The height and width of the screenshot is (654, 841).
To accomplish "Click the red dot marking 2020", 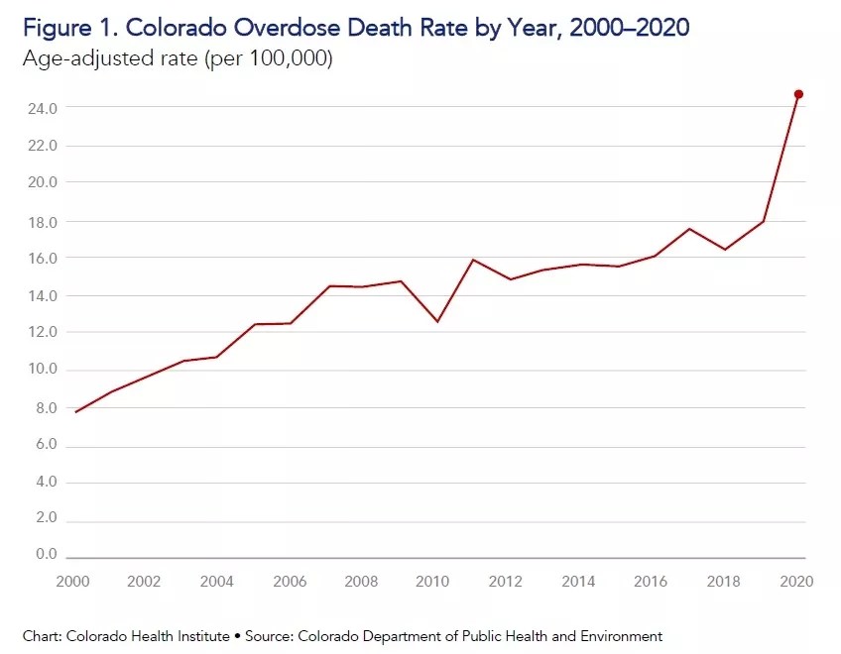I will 798,94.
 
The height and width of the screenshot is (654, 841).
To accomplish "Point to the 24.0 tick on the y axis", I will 44,107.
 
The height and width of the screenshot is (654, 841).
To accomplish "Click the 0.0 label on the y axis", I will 47,554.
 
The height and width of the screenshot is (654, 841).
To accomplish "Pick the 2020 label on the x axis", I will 796,581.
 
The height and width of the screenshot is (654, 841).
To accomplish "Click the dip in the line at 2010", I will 437,321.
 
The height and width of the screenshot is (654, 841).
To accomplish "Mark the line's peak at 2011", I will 473,260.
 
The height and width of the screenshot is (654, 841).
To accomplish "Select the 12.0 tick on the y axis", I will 44,332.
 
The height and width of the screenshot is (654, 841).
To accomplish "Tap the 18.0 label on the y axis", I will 44,220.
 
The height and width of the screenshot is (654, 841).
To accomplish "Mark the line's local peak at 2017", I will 689,229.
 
